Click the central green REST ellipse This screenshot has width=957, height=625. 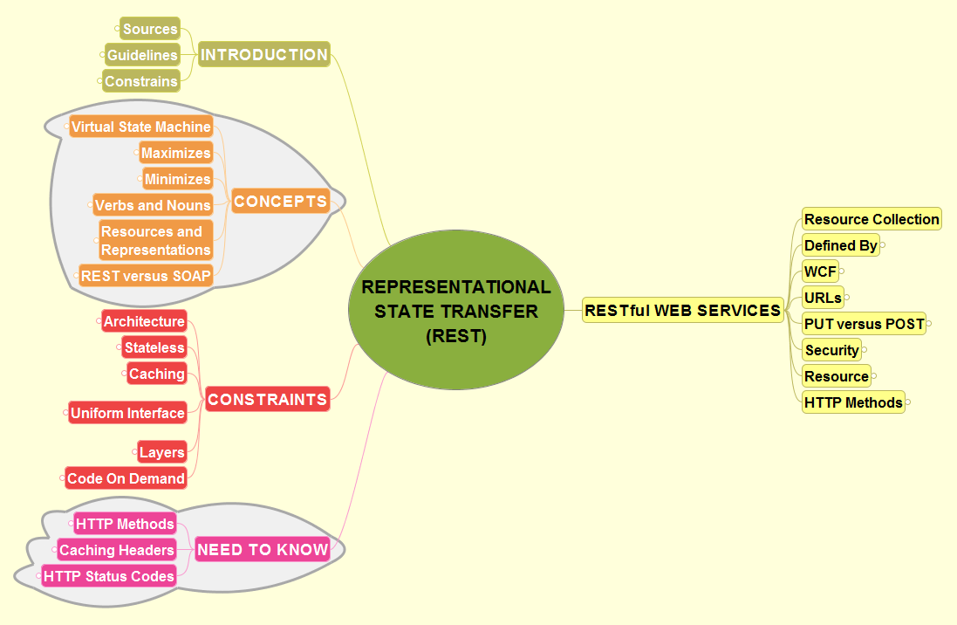[x=456, y=311]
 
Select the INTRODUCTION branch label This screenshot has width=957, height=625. [x=263, y=55]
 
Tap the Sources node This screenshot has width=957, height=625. [x=150, y=29]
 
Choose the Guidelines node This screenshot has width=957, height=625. [x=142, y=55]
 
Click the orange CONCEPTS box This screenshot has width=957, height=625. [x=280, y=202]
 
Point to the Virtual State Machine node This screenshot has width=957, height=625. [x=141, y=127]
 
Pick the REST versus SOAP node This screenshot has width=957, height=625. [x=146, y=276]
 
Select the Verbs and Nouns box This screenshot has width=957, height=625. [x=153, y=205]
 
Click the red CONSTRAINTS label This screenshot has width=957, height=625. [x=267, y=400]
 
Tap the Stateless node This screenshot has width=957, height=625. [x=154, y=347]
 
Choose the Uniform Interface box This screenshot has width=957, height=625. [x=127, y=413]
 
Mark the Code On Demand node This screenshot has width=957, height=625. [x=126, y=478]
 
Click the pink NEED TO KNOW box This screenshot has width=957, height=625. [x=263, y=550]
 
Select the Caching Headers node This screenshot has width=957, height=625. [x=117, y=550]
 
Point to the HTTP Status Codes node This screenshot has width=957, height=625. [x=109, y=576]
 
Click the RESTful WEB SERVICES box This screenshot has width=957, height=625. [x=682, y=310]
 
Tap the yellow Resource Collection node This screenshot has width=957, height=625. [x=872, y=219]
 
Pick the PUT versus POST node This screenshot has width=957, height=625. [x=864, y=324]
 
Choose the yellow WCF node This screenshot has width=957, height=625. [x=820, y=271]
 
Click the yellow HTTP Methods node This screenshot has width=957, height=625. [x=853, y=402]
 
